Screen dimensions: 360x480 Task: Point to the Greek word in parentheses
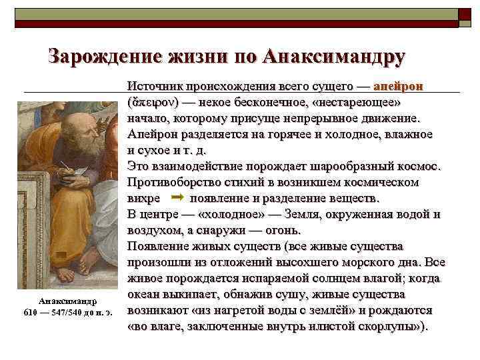[x=150, y=103]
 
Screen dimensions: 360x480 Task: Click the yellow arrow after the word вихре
[x=177, y=198]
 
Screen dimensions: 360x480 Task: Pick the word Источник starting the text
[x=155, y=87]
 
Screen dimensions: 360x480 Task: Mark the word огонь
[x=283, y=230]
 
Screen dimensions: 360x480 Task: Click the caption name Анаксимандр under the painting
[x=67, y=301]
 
